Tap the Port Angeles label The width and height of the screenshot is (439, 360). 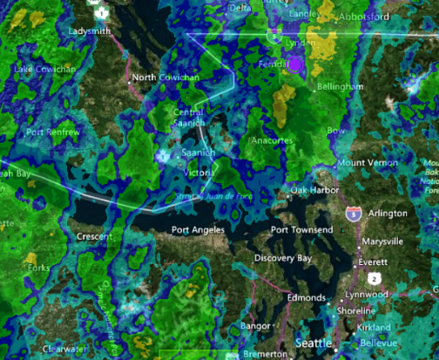[198, 230]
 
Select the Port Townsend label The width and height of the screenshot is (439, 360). [301, 230]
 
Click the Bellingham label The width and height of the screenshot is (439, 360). [341, 87]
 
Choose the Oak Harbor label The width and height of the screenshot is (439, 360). [313, 190]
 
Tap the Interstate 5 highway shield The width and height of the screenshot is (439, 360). [354, 214]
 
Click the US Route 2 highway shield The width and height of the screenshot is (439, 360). [373, 277]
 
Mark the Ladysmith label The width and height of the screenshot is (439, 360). [91, 31]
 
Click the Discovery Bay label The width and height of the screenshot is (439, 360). [284, 258]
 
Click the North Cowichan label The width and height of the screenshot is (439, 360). [166, 78]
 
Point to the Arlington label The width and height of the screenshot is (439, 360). [388, 213]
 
